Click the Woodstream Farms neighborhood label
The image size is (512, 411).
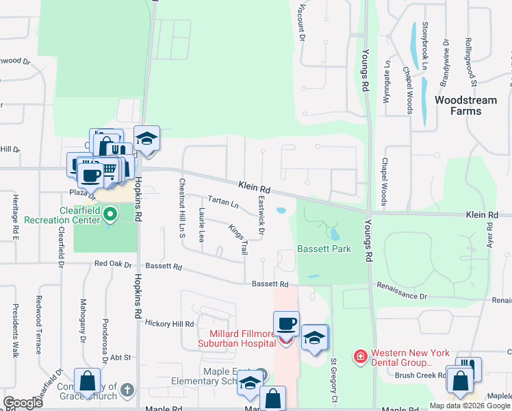point(465,106)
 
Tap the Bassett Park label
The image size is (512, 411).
point(324,249)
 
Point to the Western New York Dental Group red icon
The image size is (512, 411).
point(359,356)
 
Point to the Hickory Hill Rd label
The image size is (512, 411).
point(170,323)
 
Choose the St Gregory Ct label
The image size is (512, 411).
point(334,379)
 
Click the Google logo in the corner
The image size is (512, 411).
point(23,403)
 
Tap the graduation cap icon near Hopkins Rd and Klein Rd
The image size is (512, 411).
point(146,138)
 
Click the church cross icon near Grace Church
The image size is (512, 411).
point(126,390)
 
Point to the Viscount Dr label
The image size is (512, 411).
point(300,17)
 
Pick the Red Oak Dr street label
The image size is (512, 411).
point(112,264)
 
